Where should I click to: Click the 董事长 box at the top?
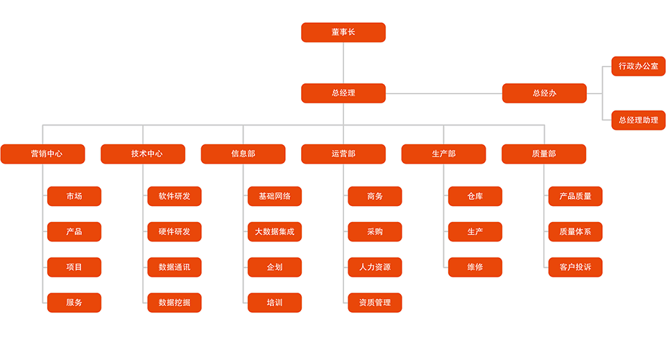(x=343, y=33)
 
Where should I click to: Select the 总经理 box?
(x=343, y=93)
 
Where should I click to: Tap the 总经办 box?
(x=544, y=93)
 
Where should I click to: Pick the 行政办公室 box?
(x=638, y=66)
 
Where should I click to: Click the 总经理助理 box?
(x=638, y=120)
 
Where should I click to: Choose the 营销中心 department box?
(x=43, y=154)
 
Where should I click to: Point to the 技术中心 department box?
(x=143, y=154)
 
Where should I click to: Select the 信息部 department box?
(x=243, y=154)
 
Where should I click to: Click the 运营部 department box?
(x=343, y=154)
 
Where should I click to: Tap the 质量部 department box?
(x=544, y=154)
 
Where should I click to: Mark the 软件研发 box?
(x=174, y=196)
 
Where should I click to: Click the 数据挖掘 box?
(x=174, y=302)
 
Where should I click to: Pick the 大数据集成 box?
(x=275, y=232)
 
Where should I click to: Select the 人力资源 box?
(x=375, y=267)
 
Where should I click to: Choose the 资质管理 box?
(x=375, y=302)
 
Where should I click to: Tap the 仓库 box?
(x=475, y=196)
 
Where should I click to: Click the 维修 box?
(x=475, y=267)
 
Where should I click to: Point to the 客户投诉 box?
(x=575, y=267)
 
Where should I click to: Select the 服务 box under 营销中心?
(x=74, y=302)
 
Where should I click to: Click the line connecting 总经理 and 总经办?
(x=444, y=94)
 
